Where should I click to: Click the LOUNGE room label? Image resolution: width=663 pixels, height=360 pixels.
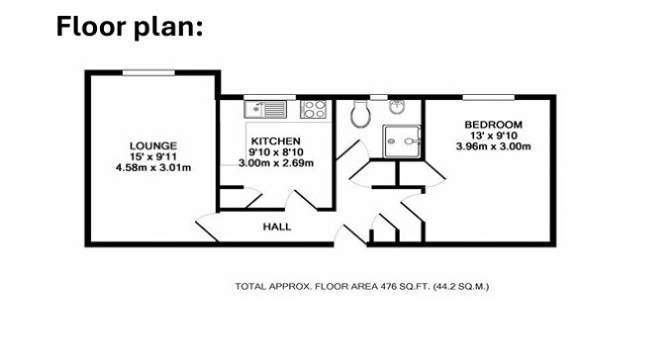pos(153,145)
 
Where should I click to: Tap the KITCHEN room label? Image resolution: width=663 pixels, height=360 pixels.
pos(276,140)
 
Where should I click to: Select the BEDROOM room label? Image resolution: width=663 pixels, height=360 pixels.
pos(494,125)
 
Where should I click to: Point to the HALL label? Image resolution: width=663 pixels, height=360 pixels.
pos(277,226)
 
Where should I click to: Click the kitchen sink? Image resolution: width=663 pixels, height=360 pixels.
pos(265,109)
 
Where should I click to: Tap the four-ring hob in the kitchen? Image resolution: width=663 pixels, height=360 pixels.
pos(314,109)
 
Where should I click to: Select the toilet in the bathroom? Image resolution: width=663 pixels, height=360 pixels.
pos(360,113)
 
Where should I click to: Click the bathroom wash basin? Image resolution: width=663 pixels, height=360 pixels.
pos(397,107)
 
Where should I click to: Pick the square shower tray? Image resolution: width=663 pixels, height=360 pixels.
pos(402,141)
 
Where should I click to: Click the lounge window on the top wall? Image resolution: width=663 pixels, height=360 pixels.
pos(148,73)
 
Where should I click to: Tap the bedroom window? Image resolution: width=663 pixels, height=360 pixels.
pos(489,98)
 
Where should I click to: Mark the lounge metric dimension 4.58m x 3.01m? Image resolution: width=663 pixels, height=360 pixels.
pos(153,168)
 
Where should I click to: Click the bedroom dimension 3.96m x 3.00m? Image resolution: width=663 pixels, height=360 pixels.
pos(494,146)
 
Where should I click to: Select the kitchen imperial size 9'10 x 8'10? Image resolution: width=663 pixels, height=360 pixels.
pos(276,152)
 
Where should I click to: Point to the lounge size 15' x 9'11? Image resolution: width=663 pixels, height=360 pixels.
pos(153,157)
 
